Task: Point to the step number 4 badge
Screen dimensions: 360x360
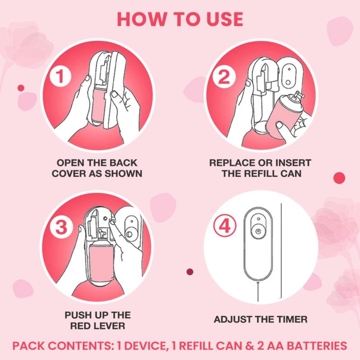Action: [x=222, y=226]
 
